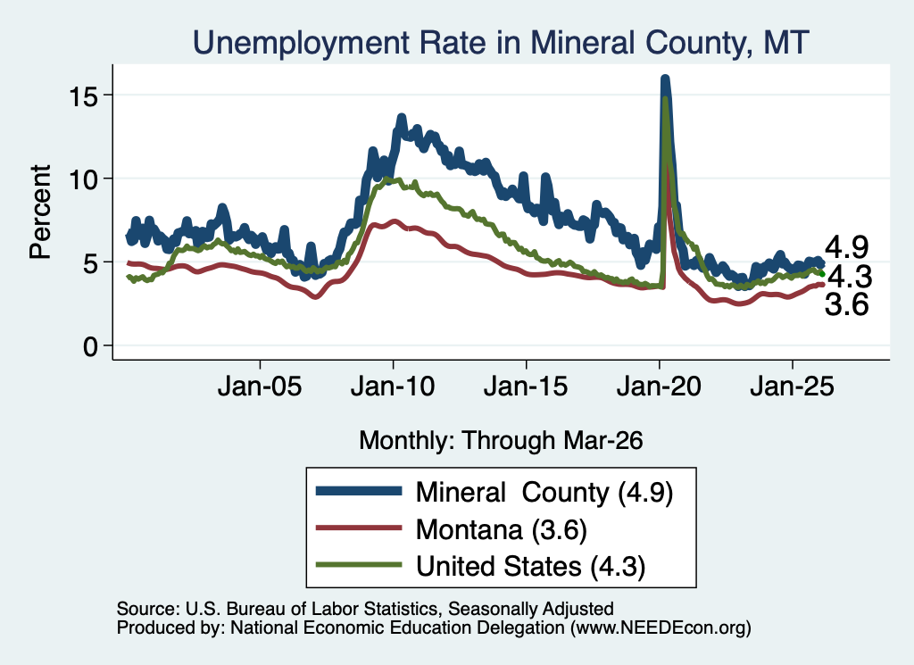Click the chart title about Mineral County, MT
(x=501, y=43)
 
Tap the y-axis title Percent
(x=40, y=212)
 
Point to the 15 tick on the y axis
(x=83, y=96)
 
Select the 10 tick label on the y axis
(x=83, y=179)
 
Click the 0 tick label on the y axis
(x=90, y=346)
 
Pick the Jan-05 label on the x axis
(x=260, y=386)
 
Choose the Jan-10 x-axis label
(x=393, y=386)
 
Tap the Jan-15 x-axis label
(x=526, y=386)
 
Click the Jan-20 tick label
(x=659, y=386)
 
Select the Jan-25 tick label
(x=793, y=386)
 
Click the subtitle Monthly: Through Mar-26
(x=501, y=440)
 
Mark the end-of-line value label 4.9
(x=847, y=247)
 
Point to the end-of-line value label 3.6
(x=847, y=304)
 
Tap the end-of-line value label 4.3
(x=850, y=276)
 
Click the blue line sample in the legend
(x=359, y=491)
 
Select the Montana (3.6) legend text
(x=502, y=530)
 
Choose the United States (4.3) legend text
(x=530, y=566)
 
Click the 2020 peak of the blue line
(x=664, y=78)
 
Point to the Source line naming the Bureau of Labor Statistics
(x=365, y=609)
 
